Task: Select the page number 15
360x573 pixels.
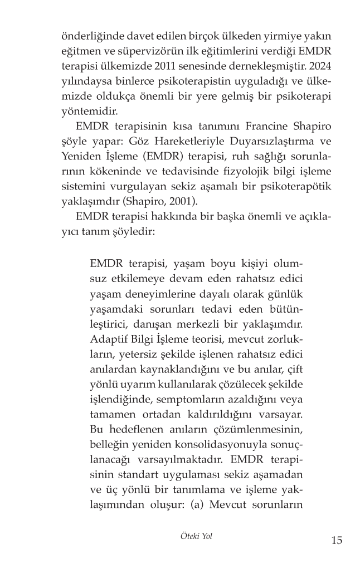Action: tap(337, 540)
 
